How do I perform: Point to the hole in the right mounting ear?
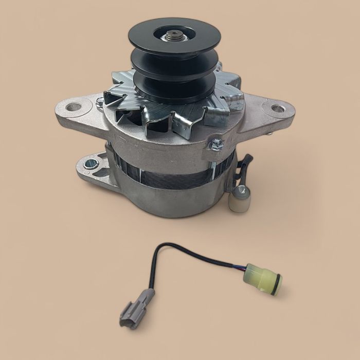point(277,109)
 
